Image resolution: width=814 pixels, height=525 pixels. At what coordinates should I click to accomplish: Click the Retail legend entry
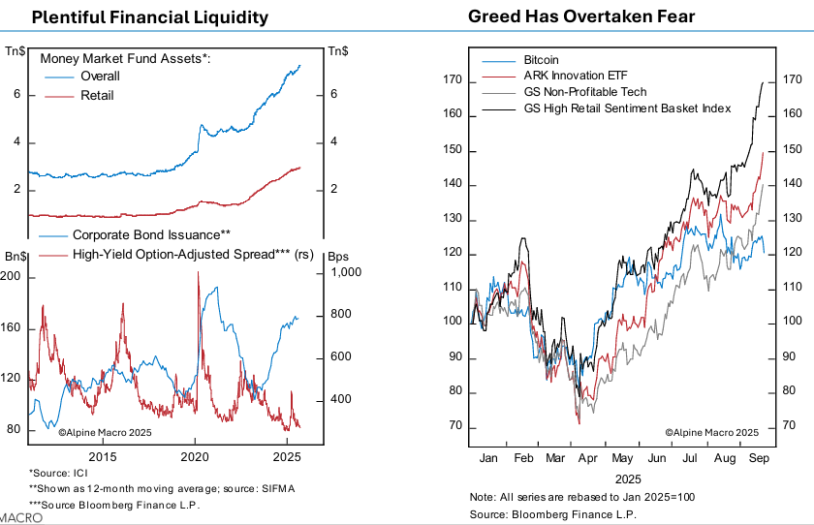tap(97, 95)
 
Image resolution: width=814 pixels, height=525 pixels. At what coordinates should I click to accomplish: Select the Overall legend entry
tap(100, 76)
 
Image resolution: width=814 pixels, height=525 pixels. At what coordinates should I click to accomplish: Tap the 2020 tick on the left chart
tap(195, 456)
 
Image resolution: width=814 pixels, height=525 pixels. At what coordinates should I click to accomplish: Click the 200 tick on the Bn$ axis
tap(14, 277)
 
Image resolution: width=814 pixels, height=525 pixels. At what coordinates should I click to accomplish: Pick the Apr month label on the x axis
tap(588, 456)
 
